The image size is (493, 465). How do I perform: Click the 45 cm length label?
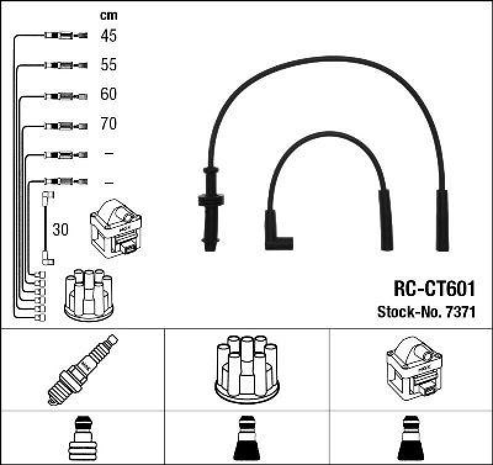108,36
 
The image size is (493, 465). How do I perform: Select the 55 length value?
108,65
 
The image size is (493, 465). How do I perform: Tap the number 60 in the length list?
108,94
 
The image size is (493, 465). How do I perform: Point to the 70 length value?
108,124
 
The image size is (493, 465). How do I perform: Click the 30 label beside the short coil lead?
60,230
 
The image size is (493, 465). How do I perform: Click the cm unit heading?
108,15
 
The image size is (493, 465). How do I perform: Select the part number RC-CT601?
434,289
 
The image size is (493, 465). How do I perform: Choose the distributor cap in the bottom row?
246,368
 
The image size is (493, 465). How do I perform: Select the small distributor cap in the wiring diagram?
89,295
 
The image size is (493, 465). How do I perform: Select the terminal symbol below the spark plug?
82,440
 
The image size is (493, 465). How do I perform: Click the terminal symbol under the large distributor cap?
246,440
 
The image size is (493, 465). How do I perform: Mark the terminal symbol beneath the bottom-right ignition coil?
410,440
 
